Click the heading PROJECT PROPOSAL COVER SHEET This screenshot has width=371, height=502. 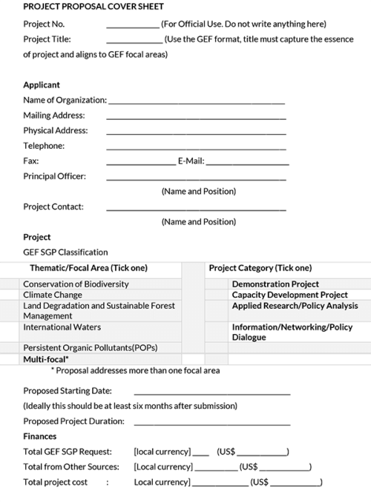click(x=93, y=7)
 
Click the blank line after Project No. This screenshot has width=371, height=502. click(x=133, y=27)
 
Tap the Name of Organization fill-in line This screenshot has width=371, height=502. click(x=196, y=103)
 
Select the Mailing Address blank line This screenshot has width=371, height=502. click(x=196, y=118)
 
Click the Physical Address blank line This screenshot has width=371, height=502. click(x=196, y=134)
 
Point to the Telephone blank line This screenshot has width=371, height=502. click(x=196, y=149)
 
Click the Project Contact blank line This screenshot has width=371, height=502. click(x=196, y=210)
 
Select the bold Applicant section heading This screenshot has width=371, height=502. click(x=42, y=85)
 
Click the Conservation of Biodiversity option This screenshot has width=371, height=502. click(x=76, y=284)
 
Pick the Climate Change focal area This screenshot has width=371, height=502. click(x=53, y=295)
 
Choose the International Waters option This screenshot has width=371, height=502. click(x=62, y=327)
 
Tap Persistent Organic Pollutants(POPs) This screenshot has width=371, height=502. click(x=90, y=348)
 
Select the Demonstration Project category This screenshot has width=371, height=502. click(x=275, y=284)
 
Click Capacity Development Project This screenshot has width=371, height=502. click(x=289, y=295)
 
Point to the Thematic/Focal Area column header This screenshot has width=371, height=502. click(x=88, y=268)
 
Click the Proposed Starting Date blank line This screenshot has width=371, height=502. click(x=211, y=394)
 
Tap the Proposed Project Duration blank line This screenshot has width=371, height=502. click(x=211, y=424)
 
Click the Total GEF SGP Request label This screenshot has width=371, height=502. click(x=68, y=452)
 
